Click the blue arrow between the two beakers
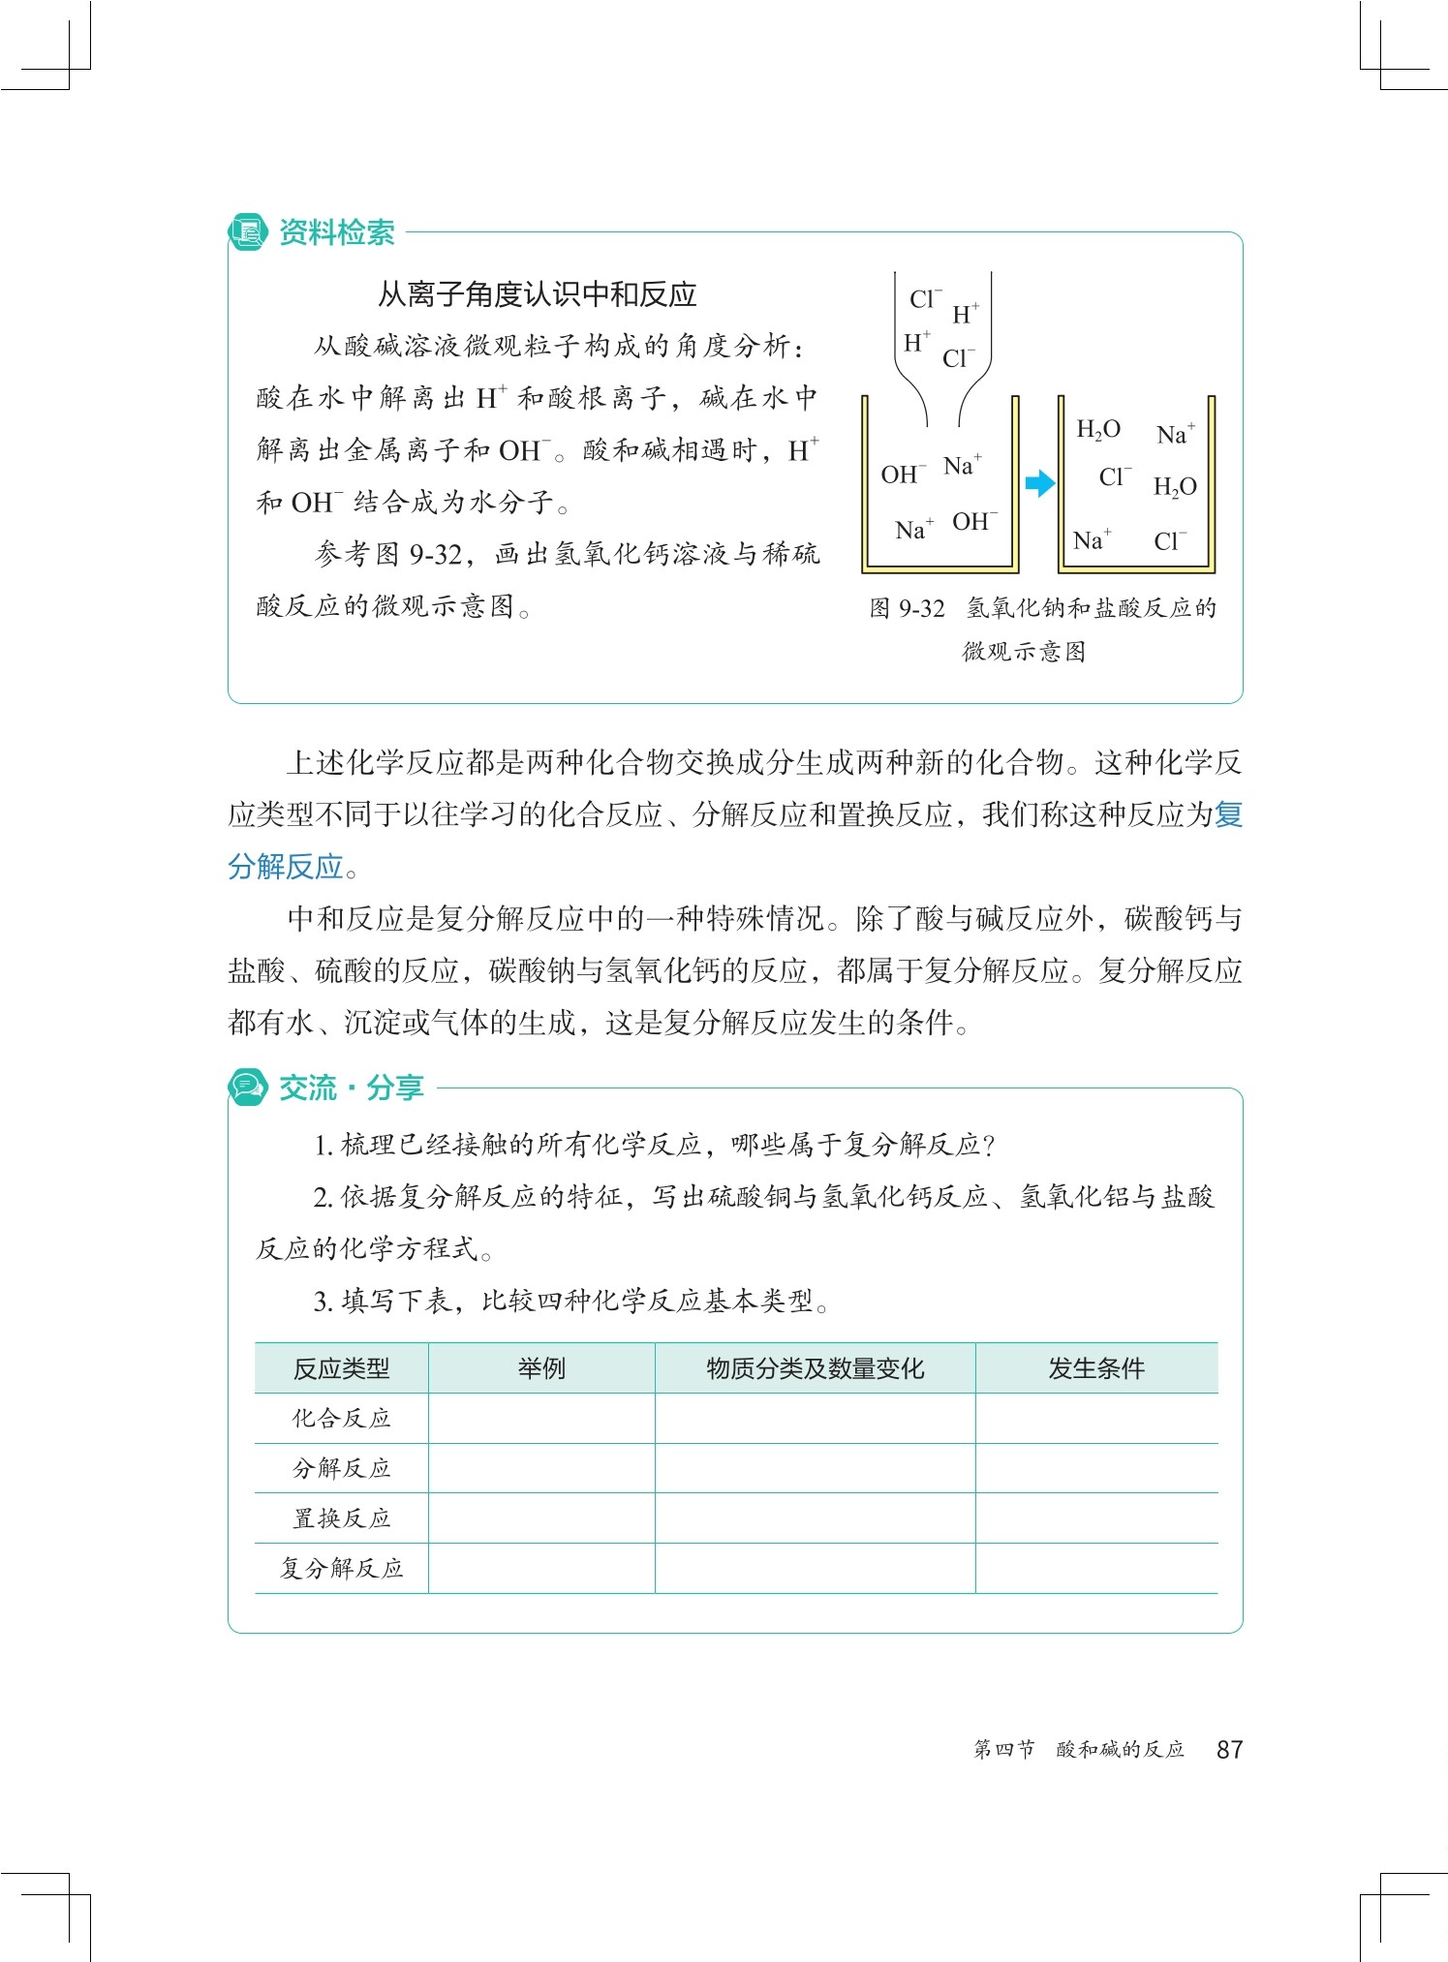tap(1038, 483)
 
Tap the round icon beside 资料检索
tap(247, 232)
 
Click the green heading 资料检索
tap(336, 232)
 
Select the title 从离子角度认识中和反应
tap(537, 294)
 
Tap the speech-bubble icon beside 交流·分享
tap(247, 1088)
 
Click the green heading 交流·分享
tap(351, 1088)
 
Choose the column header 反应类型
tap(341, 1368)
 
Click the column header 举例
tap(540, 1368)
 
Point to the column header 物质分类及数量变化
tap(815, 1368)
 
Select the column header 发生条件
tap(1095, 1368)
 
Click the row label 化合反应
tap(341, 1419)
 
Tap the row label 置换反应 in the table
tap(341, 1518)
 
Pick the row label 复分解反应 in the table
tap(341, 1569)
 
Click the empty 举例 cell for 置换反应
tap(540, 1518)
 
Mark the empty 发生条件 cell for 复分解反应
tap(1095, 1569)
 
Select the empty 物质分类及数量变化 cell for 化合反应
tap(815, 1419)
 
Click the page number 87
tap(1229, 1749)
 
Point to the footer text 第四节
tap(1003, 1749)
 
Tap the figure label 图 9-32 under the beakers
tap(907, 608)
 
